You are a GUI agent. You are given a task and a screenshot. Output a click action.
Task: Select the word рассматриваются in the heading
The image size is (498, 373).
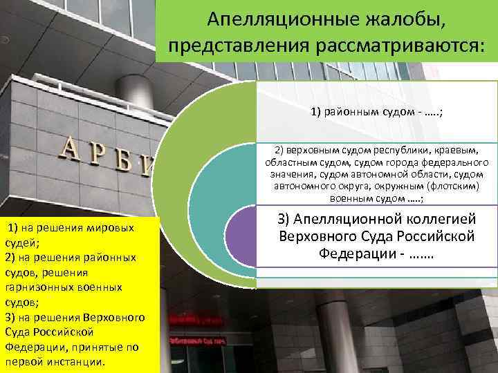401,46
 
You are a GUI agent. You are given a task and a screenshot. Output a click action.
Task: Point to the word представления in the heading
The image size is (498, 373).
242,46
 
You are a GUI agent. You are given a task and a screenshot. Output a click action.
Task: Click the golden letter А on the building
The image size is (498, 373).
71,148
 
